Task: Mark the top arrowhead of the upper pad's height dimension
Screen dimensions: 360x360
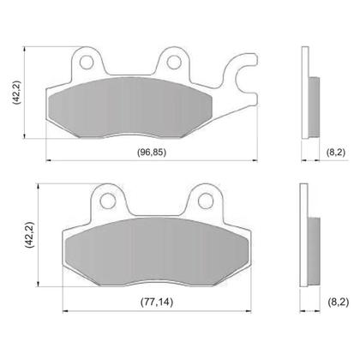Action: (x=33, y=46)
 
